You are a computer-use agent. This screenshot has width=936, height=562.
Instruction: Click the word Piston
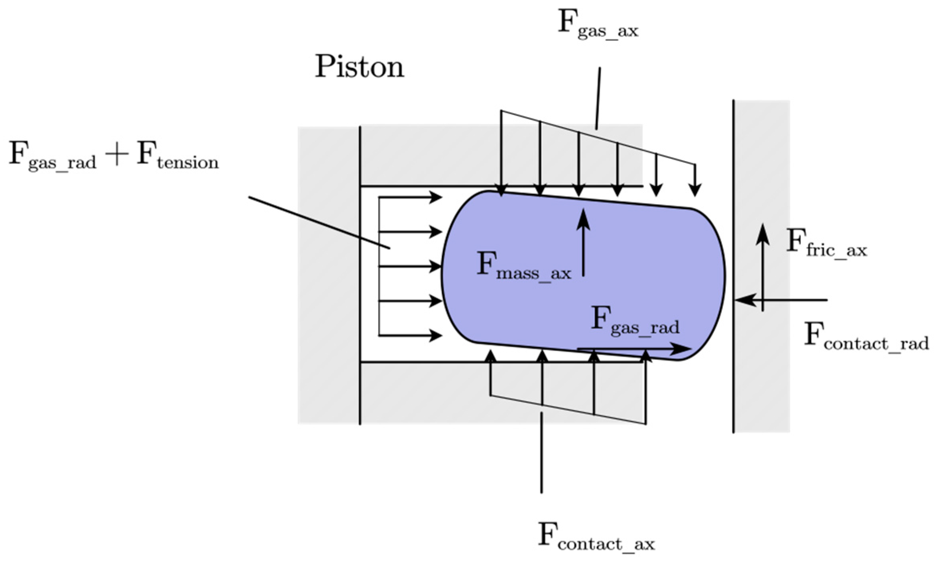pos(360,67)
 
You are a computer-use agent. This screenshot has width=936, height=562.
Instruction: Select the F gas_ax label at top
pos(598,25)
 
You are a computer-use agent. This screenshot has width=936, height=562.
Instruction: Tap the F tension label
pos(178,156)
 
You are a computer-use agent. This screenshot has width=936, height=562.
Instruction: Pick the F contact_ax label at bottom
pos(596,537)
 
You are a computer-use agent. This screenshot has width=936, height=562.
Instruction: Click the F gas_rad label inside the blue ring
pos(635,321)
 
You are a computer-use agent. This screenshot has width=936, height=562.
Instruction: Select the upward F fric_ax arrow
pos(763,267)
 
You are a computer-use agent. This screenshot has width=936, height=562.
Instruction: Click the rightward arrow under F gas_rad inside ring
pos(634,349)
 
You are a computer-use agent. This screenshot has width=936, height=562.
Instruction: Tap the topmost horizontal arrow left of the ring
pos(411,197)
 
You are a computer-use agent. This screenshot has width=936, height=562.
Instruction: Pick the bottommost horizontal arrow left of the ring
pos(411,336)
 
